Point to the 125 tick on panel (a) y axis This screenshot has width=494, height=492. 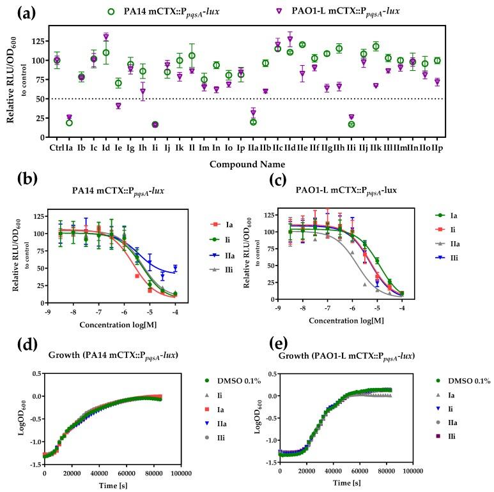click(x=42, y=41)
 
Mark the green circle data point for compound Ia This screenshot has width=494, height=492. click(x=69, y=123)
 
